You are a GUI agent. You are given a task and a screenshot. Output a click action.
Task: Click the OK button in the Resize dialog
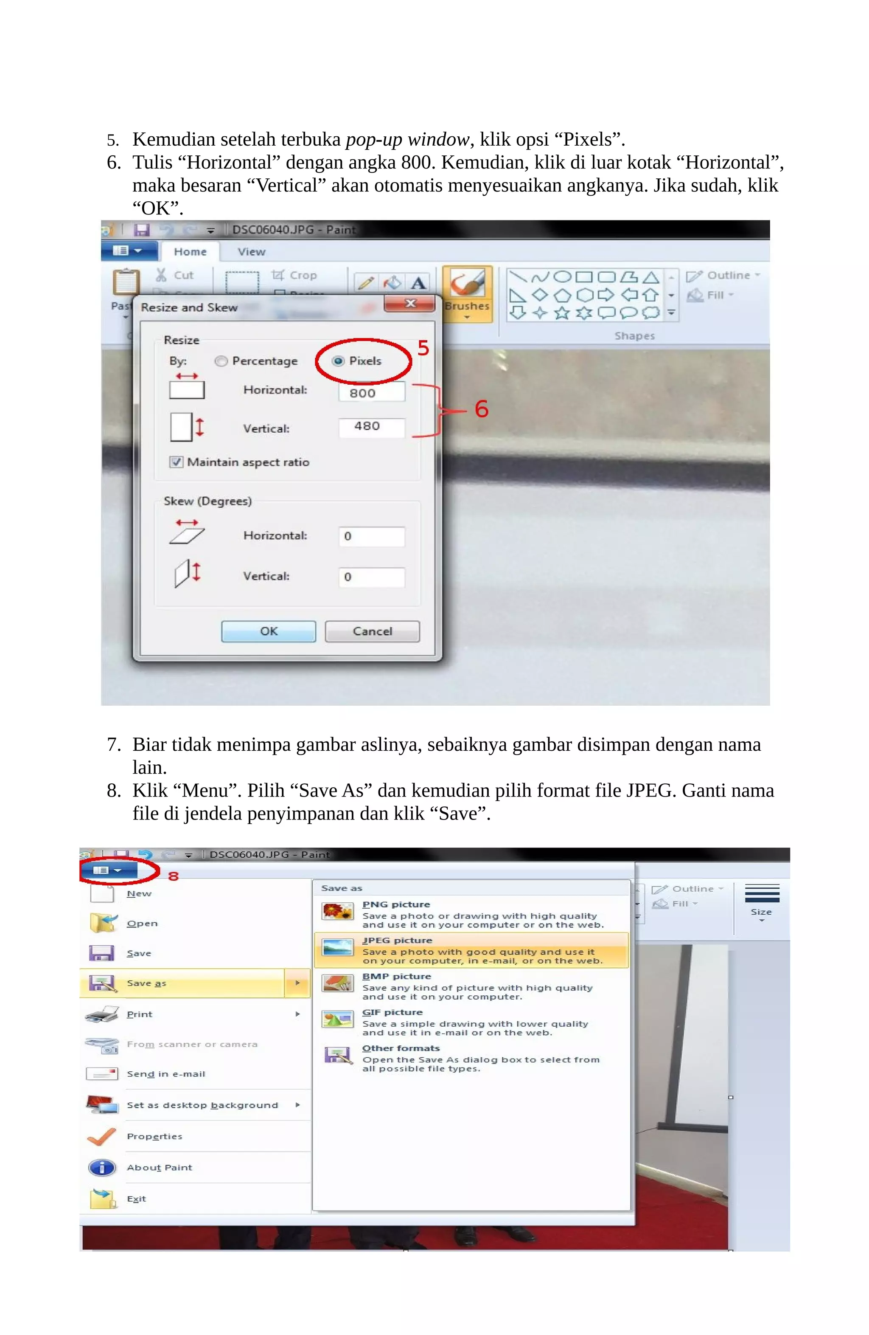(268, 631)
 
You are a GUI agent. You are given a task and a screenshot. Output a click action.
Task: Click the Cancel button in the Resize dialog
(372, 631)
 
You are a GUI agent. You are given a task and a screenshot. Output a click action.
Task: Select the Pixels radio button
(338, 361)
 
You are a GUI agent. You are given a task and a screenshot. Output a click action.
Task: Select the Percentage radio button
(221, 361)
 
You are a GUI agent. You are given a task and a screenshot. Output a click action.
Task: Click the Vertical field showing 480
(371, 426)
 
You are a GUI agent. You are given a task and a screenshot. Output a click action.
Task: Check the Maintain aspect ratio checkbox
(177, 462)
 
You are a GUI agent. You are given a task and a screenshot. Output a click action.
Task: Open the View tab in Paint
(251, 252)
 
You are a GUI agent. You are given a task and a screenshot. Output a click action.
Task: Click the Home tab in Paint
(190, 252)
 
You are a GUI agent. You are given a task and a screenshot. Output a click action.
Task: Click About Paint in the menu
(159, 1167)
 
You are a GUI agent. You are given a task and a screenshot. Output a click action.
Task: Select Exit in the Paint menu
(136, 1199)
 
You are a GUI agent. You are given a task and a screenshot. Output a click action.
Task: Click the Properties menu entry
(154, 1136)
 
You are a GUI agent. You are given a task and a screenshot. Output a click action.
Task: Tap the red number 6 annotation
(481, 409)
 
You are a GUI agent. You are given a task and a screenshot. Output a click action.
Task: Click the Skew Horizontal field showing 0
(371, 536)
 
